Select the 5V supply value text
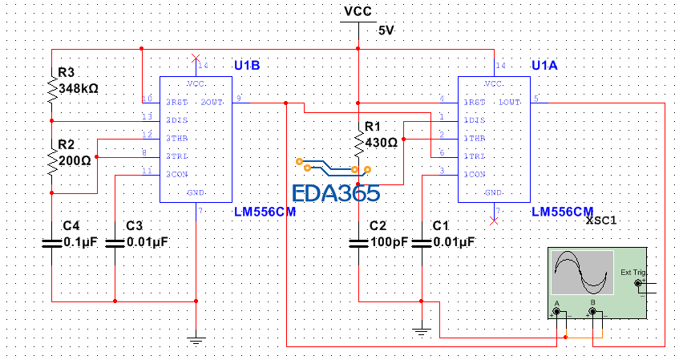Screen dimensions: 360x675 coord(386,30)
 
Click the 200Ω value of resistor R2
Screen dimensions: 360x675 coord(75,159)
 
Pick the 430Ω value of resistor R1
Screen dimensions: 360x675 coord(381,142)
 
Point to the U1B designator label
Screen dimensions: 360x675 coord(248,64)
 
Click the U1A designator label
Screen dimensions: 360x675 coord(545,64)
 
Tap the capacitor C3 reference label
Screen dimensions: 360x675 coord(135,226)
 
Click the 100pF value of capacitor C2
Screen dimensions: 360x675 coord(390,241)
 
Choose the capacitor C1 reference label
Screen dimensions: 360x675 coord(441,226)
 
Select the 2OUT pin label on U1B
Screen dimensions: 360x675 coord(212,103)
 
